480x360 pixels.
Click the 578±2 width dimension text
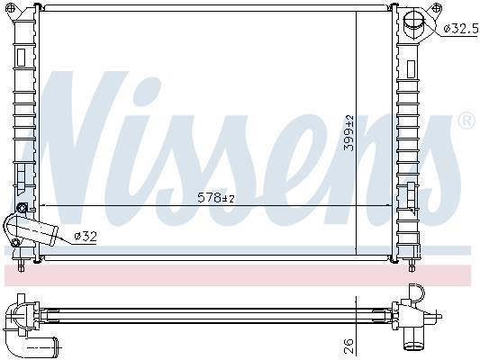click(x=216, y=198)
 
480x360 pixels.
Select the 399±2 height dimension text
click(x=349, y=133)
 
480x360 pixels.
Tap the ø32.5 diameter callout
click(x=461, y=29)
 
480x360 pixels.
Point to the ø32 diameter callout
click(x=86, y=236)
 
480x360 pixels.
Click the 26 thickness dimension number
click(x=349, y=346)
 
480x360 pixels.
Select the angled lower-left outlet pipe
click(x=30, y=229)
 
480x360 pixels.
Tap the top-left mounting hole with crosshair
click(x=11, y=8)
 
